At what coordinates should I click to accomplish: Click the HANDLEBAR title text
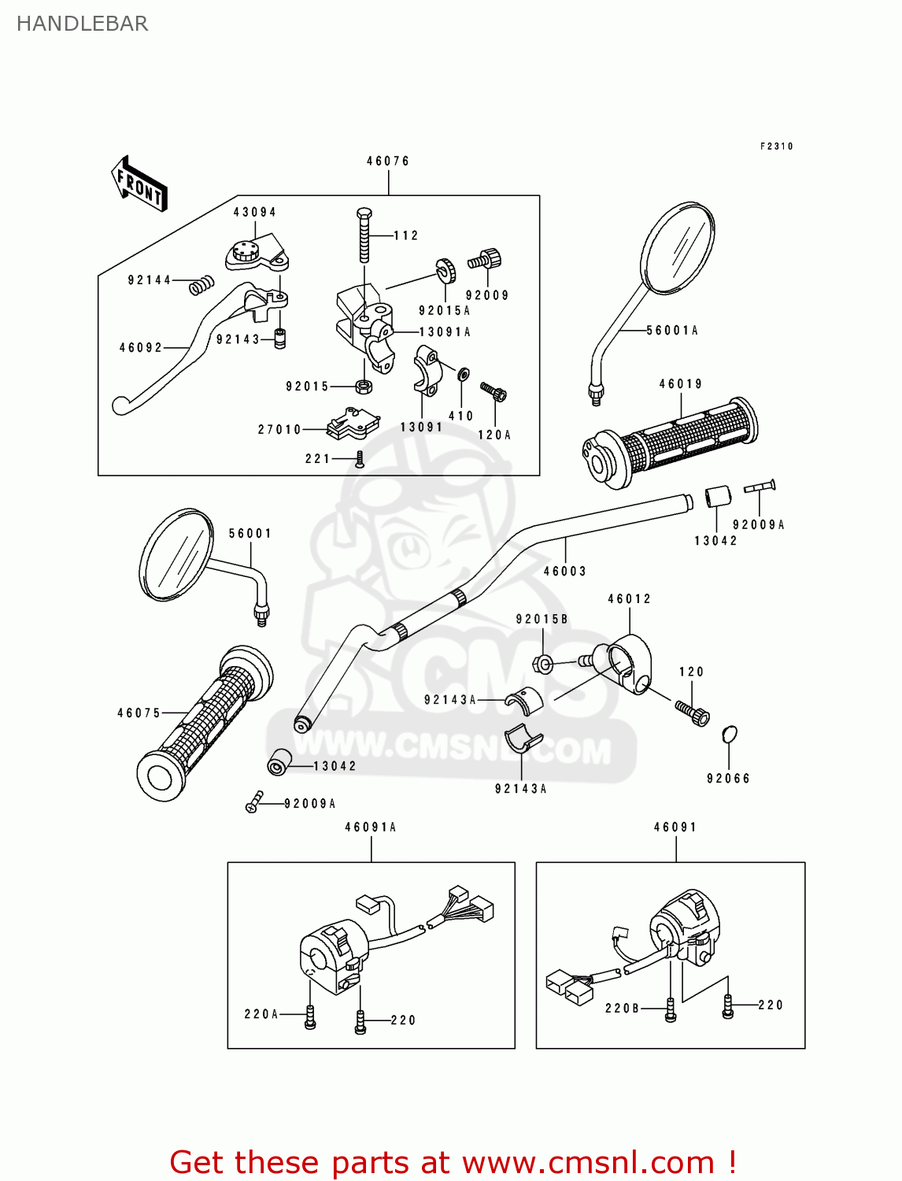82,24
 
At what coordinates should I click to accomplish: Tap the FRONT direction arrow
139,185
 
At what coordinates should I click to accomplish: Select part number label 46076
388,161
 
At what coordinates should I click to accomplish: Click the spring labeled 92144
202,285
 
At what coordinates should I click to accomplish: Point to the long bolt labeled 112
364,236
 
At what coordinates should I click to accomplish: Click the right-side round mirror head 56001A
678,248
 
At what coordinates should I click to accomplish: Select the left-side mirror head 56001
176,554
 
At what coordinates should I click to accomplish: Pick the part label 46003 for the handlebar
565,572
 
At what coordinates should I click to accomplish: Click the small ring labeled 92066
730,735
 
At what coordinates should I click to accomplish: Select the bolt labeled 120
693,713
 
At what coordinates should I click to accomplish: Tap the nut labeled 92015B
543,664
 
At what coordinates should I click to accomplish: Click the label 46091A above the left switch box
371,827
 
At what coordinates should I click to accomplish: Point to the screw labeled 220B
671,1010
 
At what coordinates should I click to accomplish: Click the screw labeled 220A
310,1016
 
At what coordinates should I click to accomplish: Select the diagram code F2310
776,146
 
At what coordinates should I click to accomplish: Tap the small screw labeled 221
360,459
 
